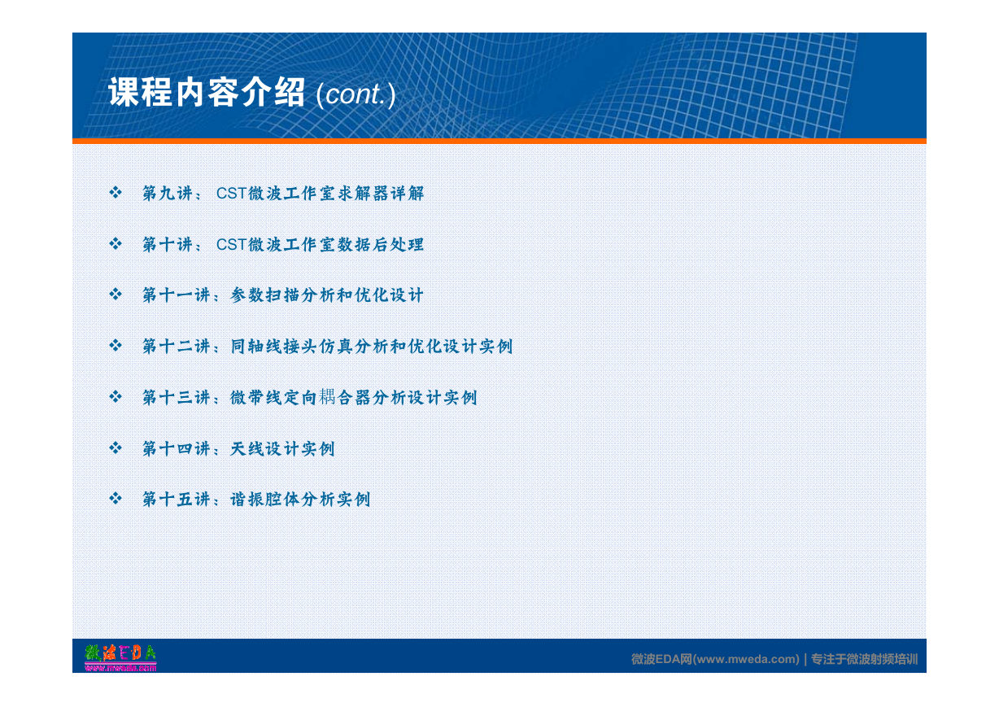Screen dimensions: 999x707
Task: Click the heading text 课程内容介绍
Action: [207, 92]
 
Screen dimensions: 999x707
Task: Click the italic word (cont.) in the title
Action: [356, 94]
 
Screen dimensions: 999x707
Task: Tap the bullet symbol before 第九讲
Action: [116, 193]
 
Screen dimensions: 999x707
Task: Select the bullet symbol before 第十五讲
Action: [116, 498]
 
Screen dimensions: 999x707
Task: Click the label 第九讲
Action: [168, 193]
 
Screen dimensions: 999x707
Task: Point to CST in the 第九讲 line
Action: [232, 193]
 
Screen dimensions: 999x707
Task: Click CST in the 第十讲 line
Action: [232, 244]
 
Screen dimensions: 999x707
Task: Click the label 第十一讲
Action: [176, 295]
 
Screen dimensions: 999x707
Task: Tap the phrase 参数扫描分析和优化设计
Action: [326, 295]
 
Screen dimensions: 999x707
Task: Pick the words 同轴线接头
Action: [274, 346]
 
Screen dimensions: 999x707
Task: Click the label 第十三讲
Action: [176, 397]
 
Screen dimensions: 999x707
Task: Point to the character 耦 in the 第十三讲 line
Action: [327, 396]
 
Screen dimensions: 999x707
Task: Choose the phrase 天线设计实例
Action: [282, 448]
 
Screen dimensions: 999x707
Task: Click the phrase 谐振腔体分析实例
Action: [300, 500]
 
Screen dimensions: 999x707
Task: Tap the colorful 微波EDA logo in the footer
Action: [120, 657]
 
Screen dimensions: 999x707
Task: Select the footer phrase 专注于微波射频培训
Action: [864, 659]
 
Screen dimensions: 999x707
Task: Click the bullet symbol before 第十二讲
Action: [116, 345]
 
